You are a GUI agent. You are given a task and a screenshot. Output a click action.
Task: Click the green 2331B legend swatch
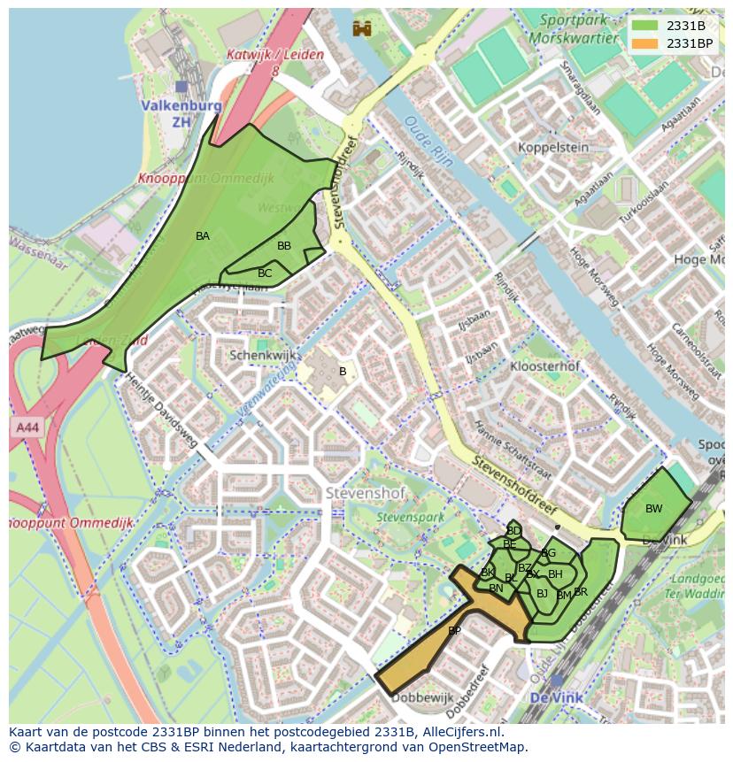[645, 26]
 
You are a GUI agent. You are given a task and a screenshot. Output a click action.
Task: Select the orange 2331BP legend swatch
[645, 42]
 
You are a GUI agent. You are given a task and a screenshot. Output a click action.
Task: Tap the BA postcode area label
[203, 236]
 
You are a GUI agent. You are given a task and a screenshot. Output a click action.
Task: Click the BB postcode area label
[284, 246]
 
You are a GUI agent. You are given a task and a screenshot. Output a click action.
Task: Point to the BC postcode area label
[265, 273]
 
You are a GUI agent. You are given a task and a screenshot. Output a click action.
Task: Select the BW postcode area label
[653, 509]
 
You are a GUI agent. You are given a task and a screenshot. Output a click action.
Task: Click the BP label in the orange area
[454, 631]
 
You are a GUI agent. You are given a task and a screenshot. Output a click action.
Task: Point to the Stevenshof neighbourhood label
[359, 492]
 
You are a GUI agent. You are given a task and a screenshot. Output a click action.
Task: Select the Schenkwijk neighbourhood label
[259, 355]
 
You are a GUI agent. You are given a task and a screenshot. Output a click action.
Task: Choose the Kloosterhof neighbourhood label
[545, 366]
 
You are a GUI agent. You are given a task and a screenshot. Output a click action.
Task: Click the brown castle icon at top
[361, 28]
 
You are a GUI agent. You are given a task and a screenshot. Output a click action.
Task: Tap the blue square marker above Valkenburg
[181, 87]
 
